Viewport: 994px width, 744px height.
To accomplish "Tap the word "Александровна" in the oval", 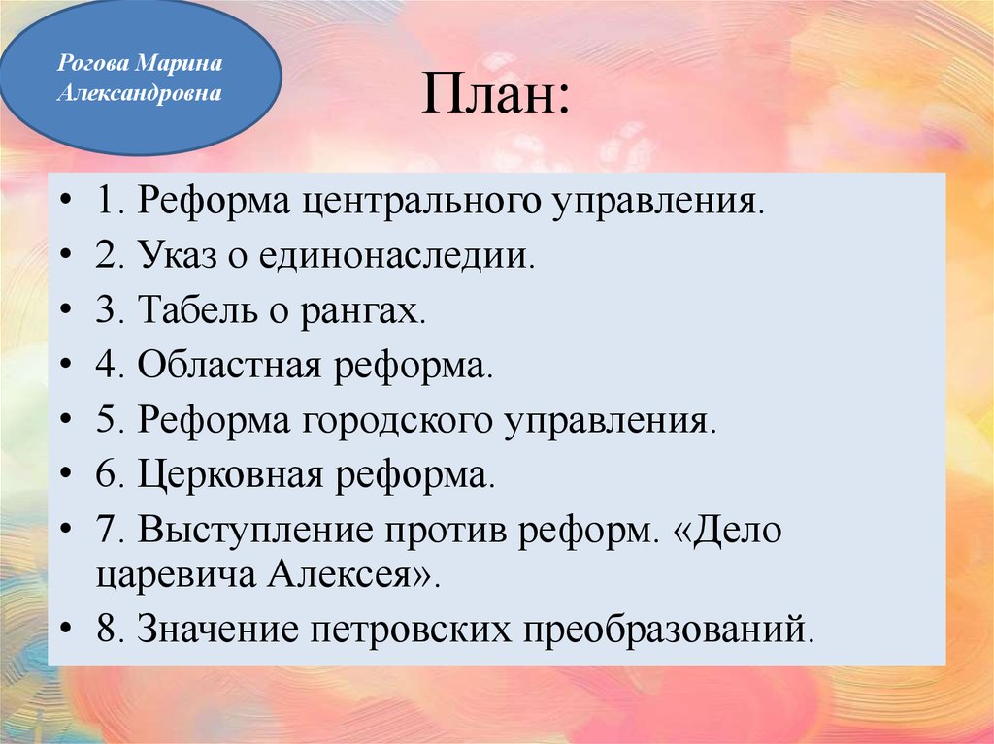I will tap(140, 94).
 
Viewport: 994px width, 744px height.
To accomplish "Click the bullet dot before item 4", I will tap(65, 368).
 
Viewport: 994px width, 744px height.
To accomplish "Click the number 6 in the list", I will tap(106, 475).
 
